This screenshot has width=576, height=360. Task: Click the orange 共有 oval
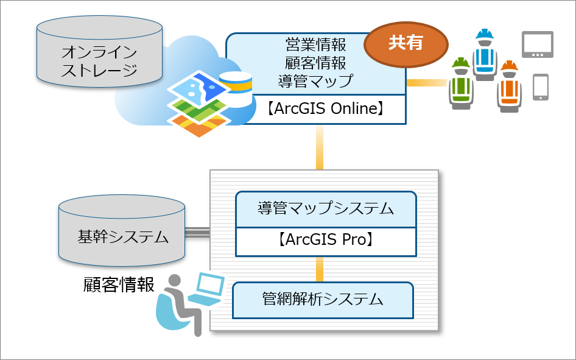pos(406,44)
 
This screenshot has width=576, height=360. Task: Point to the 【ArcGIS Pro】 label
pos(326,239)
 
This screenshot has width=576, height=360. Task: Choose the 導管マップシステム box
pos(326,210)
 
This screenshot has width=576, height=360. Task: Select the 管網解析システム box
pos(323,299)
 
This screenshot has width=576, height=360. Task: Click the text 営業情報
pos(315,44)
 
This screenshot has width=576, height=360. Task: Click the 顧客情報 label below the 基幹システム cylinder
pos(119,284)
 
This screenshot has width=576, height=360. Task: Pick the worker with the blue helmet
pos(484,55)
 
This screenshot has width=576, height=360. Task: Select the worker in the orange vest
pos(508,86)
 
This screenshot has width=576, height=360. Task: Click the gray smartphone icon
pos(540,87)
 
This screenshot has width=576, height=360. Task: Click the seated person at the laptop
pos(177,305)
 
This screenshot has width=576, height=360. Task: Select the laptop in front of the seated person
pos(207,289)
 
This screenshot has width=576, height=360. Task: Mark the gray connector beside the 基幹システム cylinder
pos(197,231)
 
